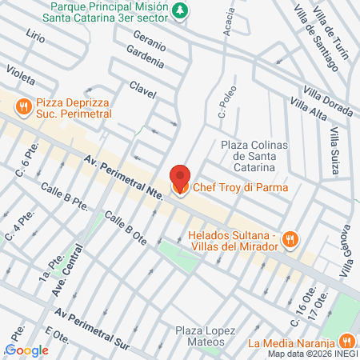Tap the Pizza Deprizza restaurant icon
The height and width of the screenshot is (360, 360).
[25, 105]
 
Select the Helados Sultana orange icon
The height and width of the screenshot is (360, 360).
[291, 238]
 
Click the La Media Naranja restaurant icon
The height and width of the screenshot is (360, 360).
[346, 340]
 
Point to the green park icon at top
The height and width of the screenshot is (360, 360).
[182, 11]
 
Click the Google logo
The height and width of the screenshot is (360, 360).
[26, 350]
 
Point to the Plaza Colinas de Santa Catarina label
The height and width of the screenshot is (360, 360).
[248, 156]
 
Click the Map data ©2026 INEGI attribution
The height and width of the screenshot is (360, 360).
[313, 354]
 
